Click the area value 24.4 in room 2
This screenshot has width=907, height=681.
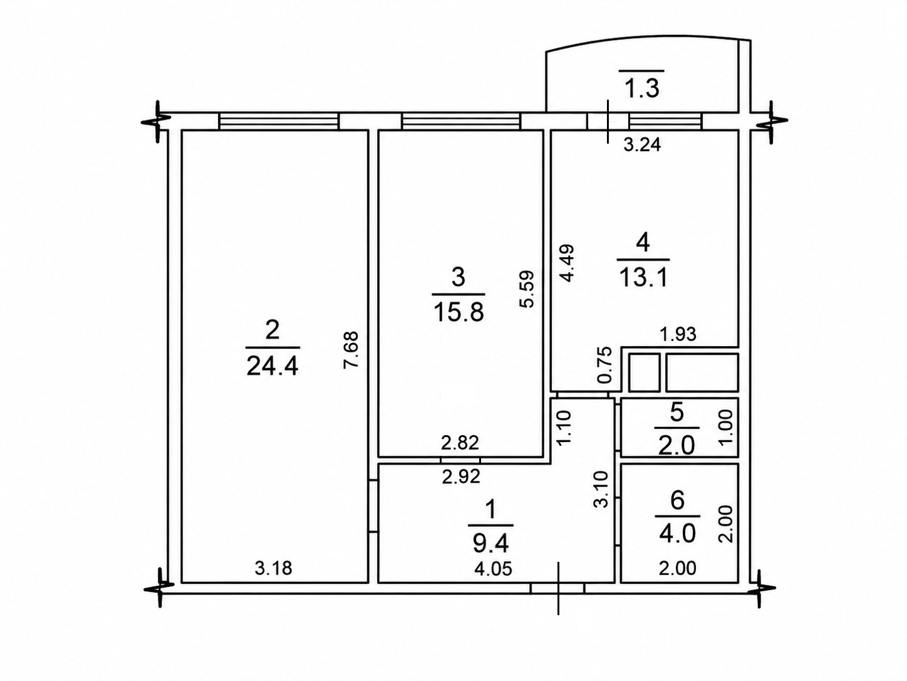tap(272, 366)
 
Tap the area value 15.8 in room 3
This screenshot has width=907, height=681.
tap(459, 312)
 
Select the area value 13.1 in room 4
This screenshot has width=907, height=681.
tap(643, 277)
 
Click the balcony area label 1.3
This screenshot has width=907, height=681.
tap(642, 89)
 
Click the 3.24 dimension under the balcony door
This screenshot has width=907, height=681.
tap(642, 145)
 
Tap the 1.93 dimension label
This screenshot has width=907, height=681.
tap(678, 334)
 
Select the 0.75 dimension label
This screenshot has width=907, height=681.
tap(604, 365)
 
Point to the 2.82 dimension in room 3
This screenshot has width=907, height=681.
tap(460, 443)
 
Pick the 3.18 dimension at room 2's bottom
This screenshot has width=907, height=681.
tap(273, 569)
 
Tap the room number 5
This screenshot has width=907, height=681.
tap(677, 414)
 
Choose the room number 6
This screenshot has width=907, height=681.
tap(677, 501)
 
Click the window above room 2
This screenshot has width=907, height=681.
tap(279, 121)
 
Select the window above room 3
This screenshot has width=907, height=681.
tap(461, 121)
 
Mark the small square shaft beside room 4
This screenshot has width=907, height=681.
tap(644, 372)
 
